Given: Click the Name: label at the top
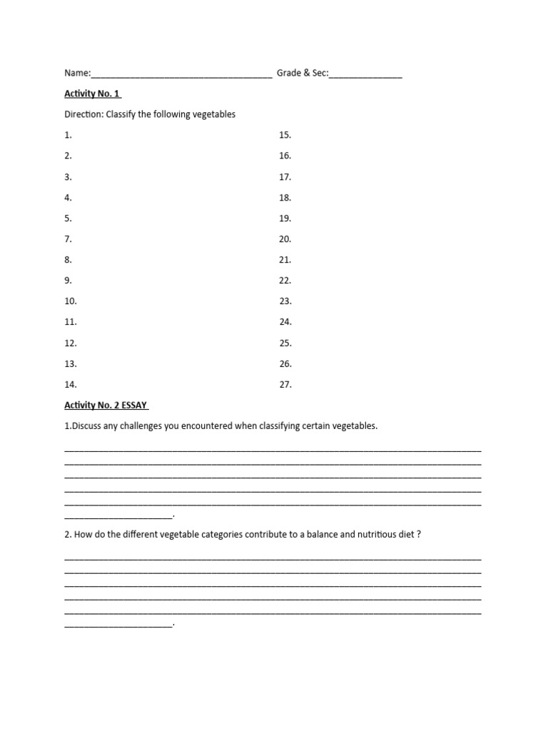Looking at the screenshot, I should click(x=77, y=73).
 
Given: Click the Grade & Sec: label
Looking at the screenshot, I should click(x=303, y=73).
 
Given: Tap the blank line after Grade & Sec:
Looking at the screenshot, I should click(x=365, y=75).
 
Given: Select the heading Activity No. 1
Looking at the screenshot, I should click(x=93, y=94).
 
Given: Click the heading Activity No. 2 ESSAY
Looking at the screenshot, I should click(x=106, y=405).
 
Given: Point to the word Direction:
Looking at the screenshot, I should click(x=84, y=114).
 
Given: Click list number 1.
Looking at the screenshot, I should click(x=68, y=135).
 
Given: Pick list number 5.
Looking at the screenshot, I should click(x=68, y=218).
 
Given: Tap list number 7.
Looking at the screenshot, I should click(x=68, y=239).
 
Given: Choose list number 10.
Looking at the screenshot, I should click(x=71, y=301).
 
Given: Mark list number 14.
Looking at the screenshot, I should click(x=71, y=385).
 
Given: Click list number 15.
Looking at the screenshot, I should click(x=285, y=135).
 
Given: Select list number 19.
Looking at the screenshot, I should click(x=285, y=218).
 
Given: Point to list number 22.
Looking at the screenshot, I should click(x=285, y=281).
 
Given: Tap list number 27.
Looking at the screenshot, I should click(x=285, y=385).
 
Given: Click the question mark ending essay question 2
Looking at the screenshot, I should click(x=419, y=534).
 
